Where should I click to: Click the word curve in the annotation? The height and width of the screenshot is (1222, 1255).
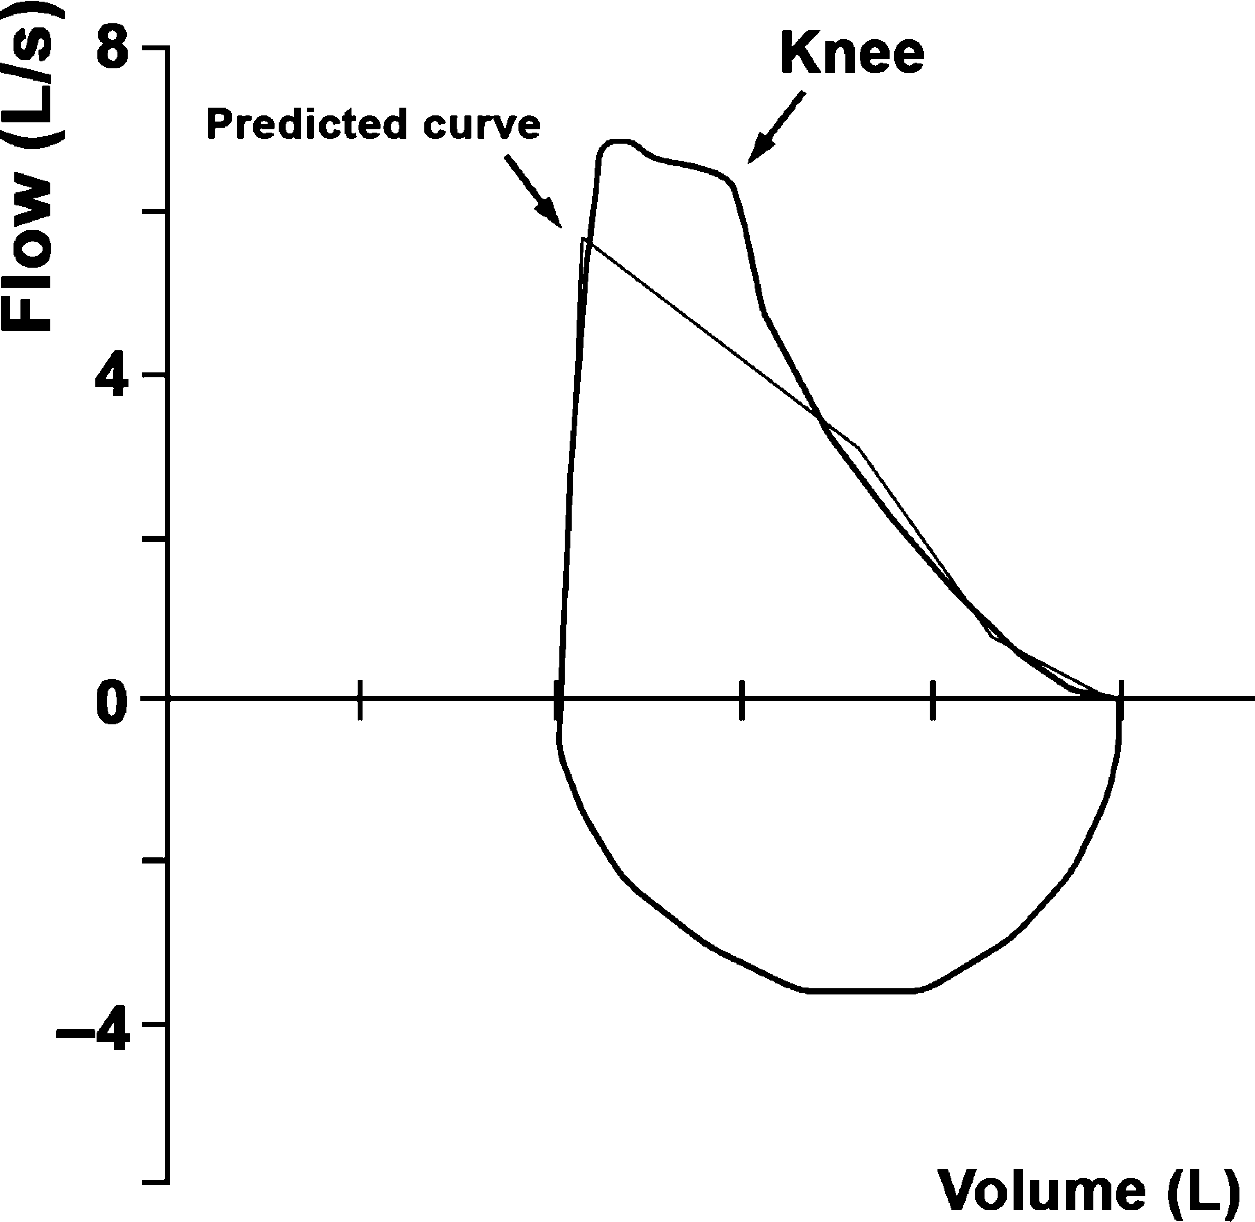[x=481, y=124]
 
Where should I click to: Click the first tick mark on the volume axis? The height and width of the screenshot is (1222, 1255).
[x=360, y=699]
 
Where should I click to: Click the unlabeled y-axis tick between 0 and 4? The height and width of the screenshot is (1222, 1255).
[x=154, y=539]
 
